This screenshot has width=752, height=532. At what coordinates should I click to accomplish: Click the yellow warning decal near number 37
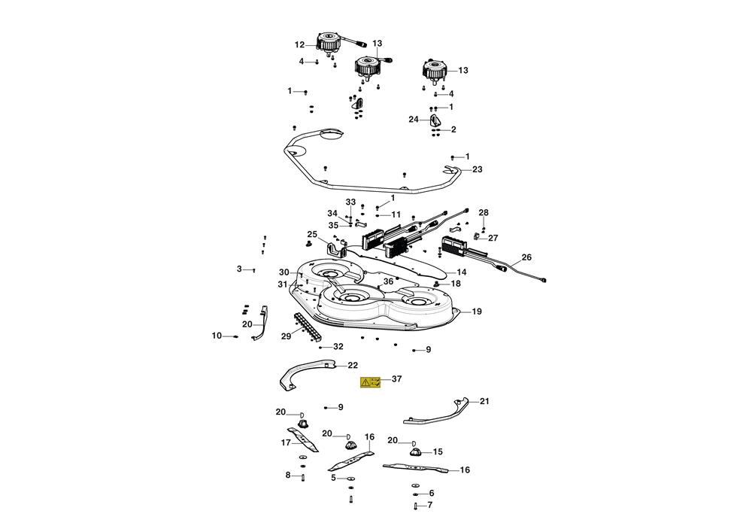[371, 382]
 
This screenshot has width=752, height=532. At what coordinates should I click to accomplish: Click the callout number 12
[299, 44]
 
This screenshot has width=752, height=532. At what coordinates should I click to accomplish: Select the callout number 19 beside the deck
[477, 312]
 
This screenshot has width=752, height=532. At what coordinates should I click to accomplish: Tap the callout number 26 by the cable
[526, 257]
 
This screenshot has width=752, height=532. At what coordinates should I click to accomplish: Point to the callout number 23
[477, 170]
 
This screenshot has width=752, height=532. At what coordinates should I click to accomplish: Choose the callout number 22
[353, 366]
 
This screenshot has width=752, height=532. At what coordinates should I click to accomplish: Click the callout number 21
[484, 401]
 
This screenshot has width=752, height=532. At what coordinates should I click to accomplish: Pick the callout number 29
[286, 336]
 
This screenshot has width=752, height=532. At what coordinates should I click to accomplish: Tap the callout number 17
[286, 443]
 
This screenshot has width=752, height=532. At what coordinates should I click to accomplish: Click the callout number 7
[430, 505]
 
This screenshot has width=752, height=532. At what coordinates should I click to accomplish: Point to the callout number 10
[217, 336]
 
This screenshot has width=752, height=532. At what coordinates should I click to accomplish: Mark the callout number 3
[240, 269]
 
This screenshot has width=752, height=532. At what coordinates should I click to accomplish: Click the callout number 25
[312, 235]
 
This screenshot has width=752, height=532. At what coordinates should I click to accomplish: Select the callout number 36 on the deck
[388, 281]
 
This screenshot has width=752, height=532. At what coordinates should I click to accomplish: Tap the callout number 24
[414, 120]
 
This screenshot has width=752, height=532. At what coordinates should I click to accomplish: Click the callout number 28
[484, 213]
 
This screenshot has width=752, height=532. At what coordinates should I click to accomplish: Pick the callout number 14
[462, 272]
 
